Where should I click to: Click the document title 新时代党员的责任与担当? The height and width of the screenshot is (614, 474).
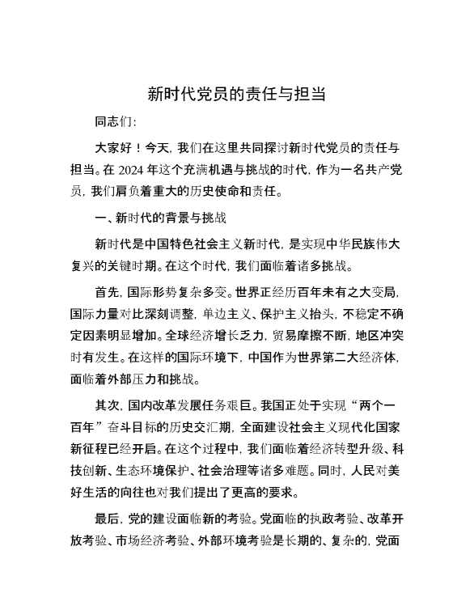click(237, 93)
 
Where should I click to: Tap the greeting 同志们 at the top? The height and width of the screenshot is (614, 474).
click(114, 123)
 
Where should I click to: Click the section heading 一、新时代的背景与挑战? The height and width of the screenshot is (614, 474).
click(160, 218)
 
